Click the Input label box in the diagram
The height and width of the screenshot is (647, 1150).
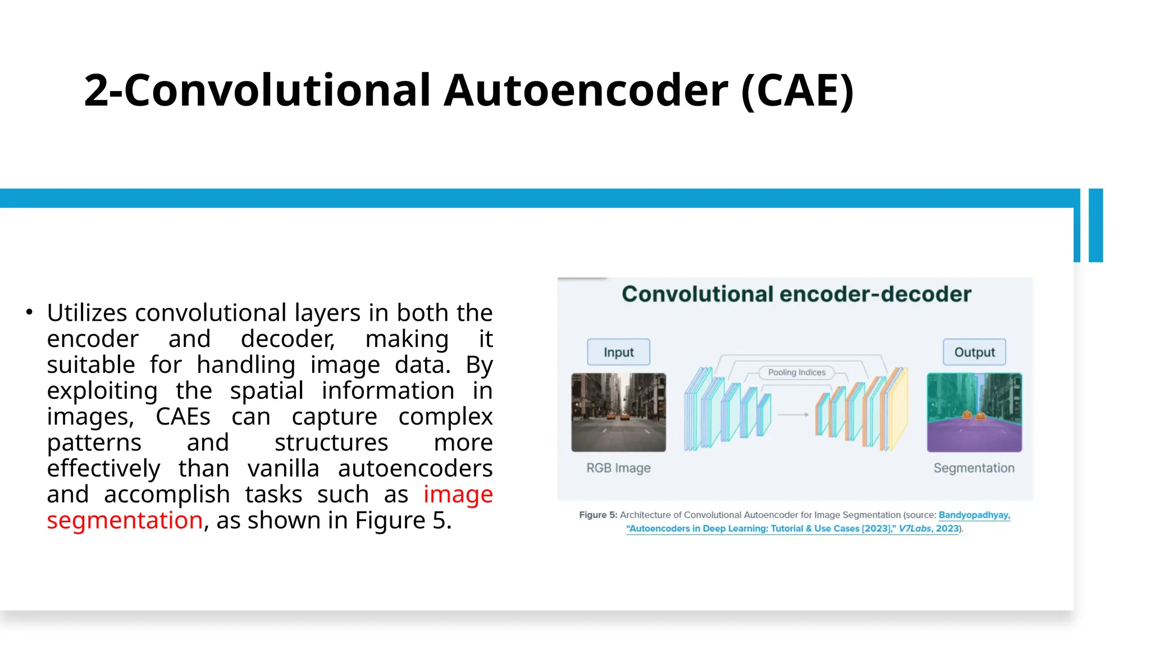point(618,352)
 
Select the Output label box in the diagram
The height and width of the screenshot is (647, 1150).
point(974,352)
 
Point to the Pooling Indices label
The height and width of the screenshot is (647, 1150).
point(796,372)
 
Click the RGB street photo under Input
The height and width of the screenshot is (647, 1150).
point(618,412)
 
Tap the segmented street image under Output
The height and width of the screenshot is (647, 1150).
point(974,412)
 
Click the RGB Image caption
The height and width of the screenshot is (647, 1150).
point(618,468)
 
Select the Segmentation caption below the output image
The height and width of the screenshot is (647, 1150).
point(974,468)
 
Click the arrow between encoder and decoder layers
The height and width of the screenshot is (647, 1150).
point(793,414)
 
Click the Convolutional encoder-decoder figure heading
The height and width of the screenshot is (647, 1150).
point(796,294)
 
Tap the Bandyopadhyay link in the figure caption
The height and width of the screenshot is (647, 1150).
point(974,515)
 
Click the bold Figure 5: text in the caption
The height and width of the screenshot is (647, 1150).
point(598,515)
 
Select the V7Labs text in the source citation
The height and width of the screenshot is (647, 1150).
point(915,528)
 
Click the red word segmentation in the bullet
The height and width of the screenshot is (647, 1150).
point(125,520)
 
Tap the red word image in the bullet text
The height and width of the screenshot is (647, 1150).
point(458,494)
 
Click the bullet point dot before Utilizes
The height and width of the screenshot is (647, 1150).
point(29,312)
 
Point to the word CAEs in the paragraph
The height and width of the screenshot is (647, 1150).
point(183,417)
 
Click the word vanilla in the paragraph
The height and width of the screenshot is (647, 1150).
point(283,468)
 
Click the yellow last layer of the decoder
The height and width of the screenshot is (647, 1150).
point(899,409)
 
